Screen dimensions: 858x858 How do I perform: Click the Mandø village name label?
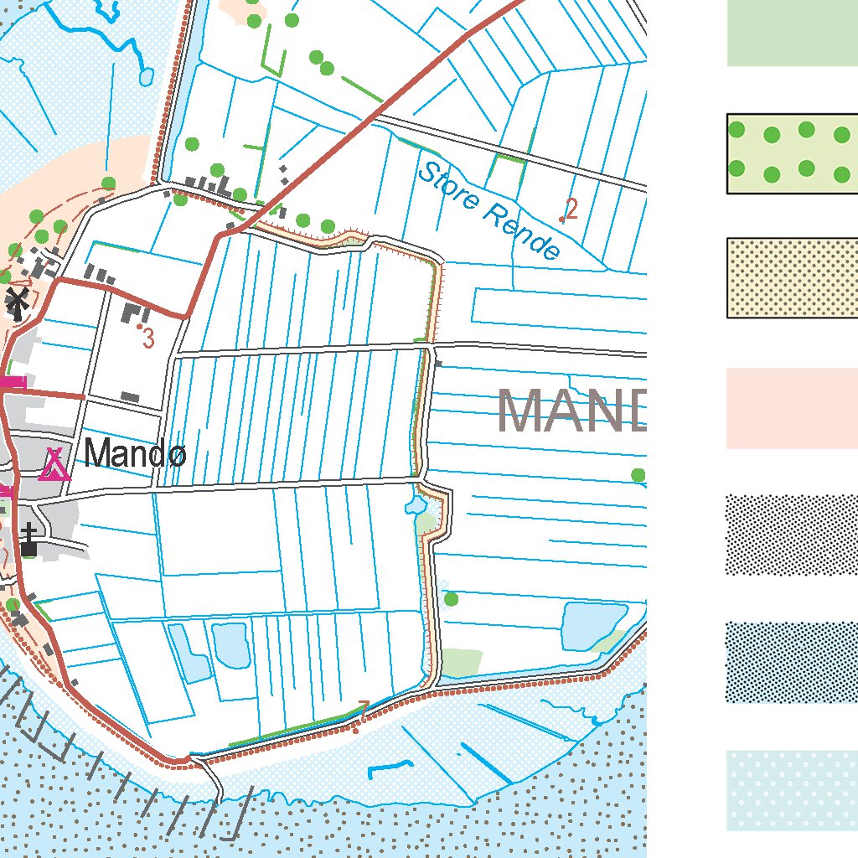(x=135, y=455)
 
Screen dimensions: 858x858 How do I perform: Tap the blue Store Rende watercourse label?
(x=488, y=210)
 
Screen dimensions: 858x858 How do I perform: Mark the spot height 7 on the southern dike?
(x=363, y=709)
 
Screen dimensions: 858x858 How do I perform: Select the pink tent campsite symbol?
(x=54, y=464)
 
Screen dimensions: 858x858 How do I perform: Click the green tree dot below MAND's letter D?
(x=638, y=475)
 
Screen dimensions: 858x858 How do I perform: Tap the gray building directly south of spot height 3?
(x=130, y=396)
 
